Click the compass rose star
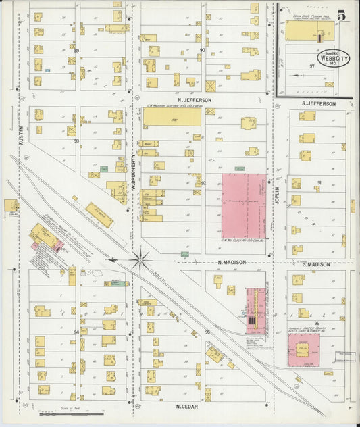(x=140, y=259)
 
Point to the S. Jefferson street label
(x=318, y=103)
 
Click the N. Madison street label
(x=232, y=262)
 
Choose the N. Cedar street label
(x=186, y=406)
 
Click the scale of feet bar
(x=66, y=413)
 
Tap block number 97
(x=311, y=66)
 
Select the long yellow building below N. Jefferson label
(x=172, y=117)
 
